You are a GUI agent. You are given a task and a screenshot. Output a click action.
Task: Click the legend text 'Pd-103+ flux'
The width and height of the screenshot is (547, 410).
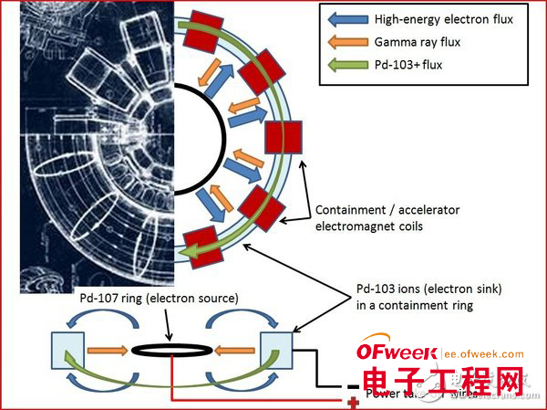(x=409, y=64)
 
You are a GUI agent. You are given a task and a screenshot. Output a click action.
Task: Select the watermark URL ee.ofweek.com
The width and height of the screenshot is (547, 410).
(x=485, y=354)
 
